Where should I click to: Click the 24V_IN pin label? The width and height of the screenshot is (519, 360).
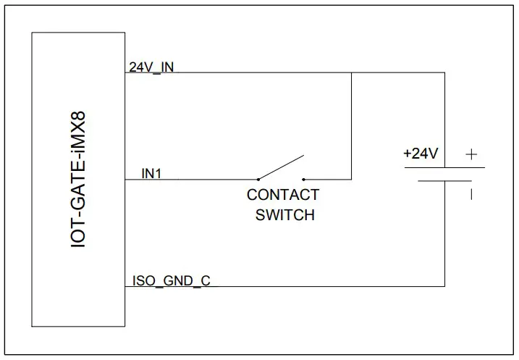pos(151,67)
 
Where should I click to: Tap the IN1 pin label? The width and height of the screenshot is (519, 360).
pos(152,173)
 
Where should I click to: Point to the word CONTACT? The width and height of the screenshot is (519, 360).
pos(283,196)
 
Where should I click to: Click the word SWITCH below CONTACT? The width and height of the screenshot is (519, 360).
pos(285,215)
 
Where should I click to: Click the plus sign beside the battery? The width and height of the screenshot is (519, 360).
pos(471,154)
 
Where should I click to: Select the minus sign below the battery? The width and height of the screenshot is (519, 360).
pos(471,193)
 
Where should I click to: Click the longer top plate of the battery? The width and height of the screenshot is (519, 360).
pos(444,167)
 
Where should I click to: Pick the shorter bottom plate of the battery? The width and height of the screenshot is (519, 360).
pos(444,180)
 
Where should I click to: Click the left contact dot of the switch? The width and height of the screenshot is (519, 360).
pos(258,179)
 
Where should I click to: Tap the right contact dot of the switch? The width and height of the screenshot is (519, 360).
pos(304,179)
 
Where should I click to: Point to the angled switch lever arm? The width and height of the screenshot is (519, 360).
pos(281,167)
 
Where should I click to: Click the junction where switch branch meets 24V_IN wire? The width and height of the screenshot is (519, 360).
pos(351,73)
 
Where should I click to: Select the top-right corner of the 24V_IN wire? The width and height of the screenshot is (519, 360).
pos(444,73)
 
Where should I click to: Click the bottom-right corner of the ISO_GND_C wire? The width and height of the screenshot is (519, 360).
pos(444,285)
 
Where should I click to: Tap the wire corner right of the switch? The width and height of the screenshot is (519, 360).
pos(351,179)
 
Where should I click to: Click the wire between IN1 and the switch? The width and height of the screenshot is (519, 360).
pos(192,179)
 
